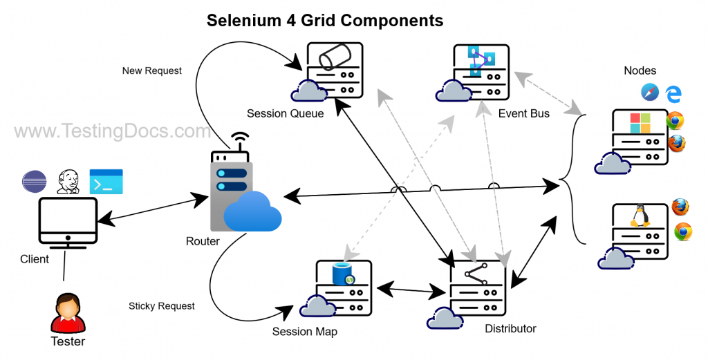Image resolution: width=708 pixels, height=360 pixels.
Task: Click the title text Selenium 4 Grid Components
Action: pos(325,21)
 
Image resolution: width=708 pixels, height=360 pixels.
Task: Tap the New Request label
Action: pos(151,70)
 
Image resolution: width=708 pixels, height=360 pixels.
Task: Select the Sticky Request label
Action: pos(161,305)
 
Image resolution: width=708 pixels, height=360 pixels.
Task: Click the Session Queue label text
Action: pos(285,113)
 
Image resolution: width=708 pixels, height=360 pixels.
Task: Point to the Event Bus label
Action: pos(523,113)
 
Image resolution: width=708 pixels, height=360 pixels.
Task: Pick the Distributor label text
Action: pos(510,328)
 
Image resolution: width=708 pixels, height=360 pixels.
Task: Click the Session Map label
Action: pos(304,332)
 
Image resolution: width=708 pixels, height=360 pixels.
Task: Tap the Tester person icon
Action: pos(68,312)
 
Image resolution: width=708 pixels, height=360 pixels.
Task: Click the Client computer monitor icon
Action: pos(67,222)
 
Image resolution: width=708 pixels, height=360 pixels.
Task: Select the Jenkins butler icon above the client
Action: pos(68,181)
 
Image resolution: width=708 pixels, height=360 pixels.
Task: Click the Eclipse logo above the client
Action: pos(33,182)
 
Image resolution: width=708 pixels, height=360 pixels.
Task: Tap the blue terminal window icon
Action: pos(106,181)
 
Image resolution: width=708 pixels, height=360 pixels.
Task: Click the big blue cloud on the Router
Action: pos(252,211)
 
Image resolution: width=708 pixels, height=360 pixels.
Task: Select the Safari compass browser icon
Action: pos(649,93)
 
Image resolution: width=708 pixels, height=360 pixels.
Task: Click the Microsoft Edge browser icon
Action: pos(673,93)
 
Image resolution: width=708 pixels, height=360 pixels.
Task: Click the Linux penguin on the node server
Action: pos(640,216)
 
